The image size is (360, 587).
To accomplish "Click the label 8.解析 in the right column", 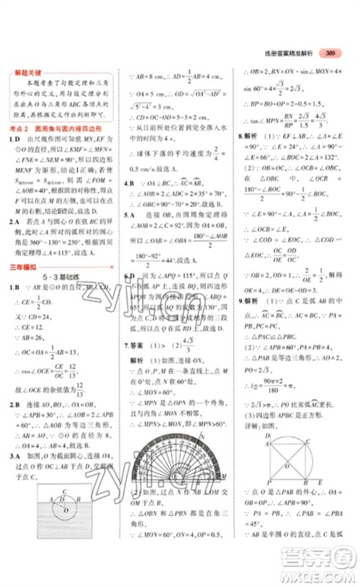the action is [x=246, y=136].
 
